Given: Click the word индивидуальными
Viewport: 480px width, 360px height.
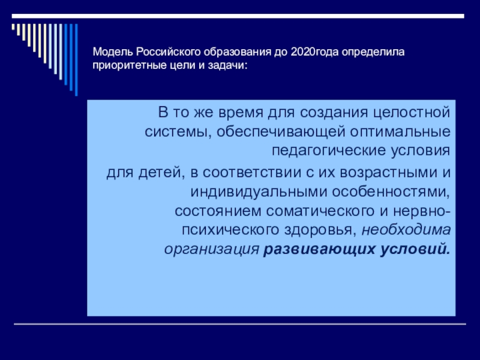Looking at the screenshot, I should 257,192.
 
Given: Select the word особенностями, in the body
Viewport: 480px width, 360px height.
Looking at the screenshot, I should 391,192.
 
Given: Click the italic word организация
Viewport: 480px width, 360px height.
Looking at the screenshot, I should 211,248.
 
